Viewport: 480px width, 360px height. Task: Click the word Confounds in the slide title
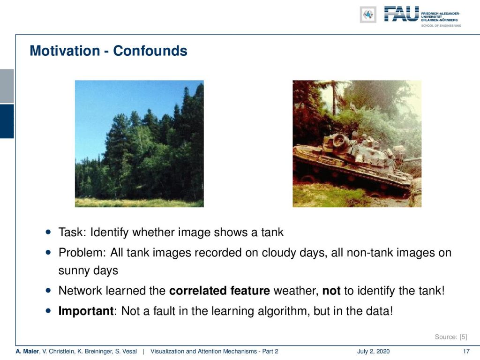pos(150,51)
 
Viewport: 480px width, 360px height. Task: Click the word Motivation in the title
pos(65,51)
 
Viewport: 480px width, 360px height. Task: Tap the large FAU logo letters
pos(401,15)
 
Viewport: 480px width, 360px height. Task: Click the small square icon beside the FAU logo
pos(368,15)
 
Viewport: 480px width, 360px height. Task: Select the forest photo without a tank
pos(139,143)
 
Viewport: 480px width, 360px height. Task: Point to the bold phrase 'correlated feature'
pos(219,291)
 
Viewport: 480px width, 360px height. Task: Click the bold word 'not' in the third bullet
pos(331,291)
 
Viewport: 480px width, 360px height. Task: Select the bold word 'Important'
pos(86,311)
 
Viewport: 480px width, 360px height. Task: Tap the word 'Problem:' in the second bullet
pos(82,253)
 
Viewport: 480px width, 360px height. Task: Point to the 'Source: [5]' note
pos(451,337)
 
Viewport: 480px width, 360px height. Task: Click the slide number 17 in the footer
pos(466,352)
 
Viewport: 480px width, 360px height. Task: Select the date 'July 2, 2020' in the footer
pos(373,352)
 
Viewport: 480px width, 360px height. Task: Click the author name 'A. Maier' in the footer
pos(27,352)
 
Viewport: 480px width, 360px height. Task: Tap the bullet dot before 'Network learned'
pos(48,290)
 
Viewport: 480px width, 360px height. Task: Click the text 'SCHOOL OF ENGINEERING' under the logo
pos(441,26)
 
